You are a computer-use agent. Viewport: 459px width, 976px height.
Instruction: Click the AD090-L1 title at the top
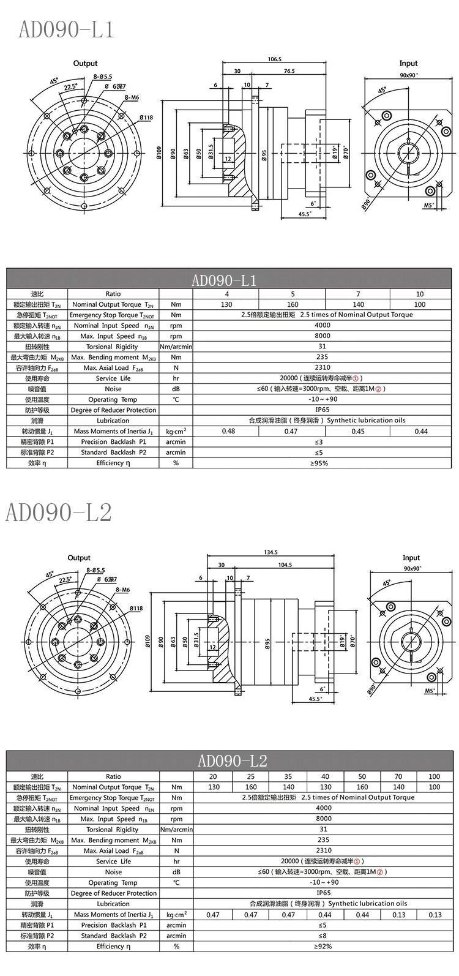[65, 29]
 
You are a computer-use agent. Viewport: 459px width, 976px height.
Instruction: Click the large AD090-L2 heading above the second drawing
[58, 512]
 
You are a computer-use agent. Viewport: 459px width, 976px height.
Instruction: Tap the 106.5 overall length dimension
[275, 59]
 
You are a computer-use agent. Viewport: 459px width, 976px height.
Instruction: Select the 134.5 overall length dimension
[271, 552]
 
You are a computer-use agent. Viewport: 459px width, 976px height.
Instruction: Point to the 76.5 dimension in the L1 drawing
[289, 71]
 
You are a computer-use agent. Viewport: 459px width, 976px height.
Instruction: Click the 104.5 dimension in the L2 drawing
[285, 565]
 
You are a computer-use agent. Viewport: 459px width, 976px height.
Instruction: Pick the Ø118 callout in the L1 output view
[146, 117]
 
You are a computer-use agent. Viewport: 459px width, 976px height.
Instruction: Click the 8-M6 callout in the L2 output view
[123, 590]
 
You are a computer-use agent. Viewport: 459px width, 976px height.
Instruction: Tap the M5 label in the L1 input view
[428, 205]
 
